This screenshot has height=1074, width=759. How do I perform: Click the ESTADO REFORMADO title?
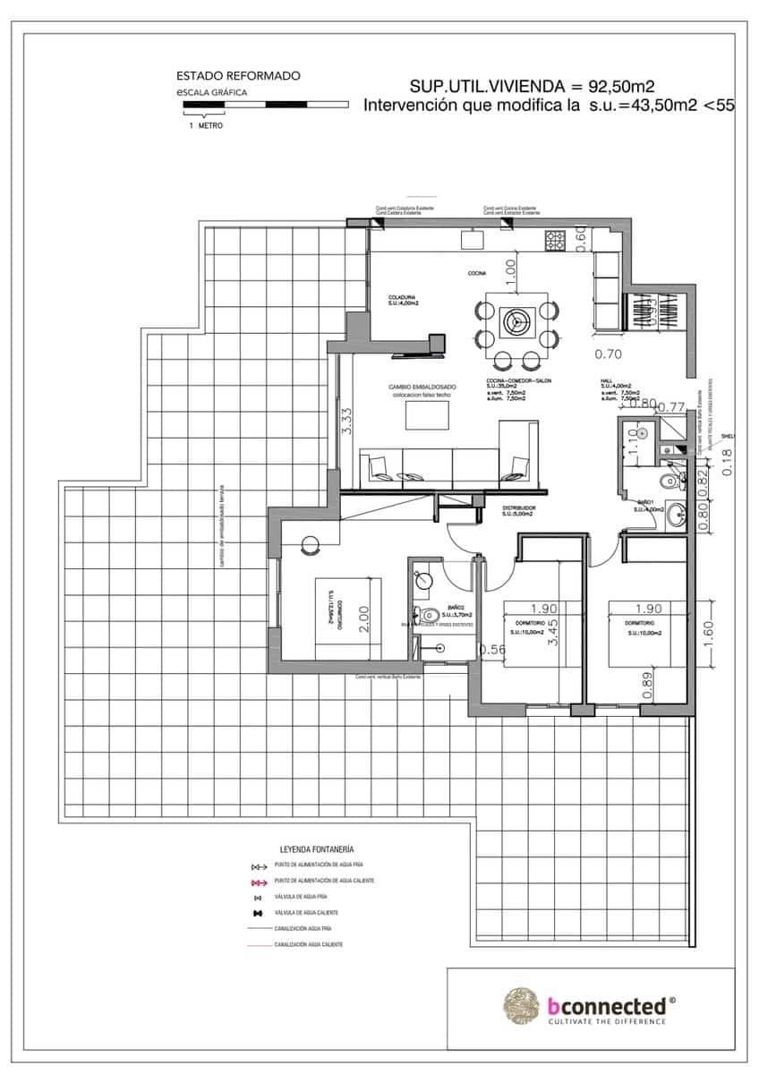[238, 77]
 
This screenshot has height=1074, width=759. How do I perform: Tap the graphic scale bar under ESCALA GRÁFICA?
[265, 105]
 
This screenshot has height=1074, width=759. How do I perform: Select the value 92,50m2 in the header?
[621, 87]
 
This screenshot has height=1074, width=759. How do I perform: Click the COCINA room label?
[476, 273]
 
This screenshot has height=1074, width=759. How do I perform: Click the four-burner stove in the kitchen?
[555, 240]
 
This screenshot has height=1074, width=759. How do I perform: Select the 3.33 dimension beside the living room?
[347, 421]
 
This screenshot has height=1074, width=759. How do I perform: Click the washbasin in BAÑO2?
[425, 581]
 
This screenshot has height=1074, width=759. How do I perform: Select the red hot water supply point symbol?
[260, 882]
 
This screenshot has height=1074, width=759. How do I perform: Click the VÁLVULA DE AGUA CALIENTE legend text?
[313, 912]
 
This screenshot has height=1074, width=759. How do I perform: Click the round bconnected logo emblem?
[522, 1005]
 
